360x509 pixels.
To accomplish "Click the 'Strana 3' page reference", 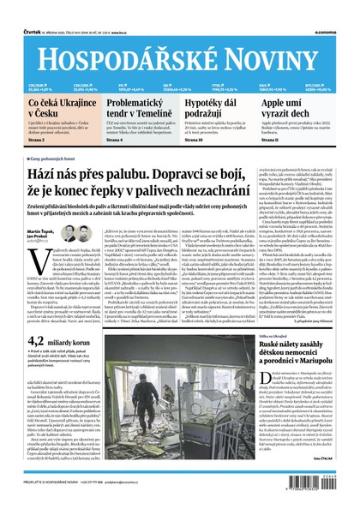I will click(37, 141).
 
